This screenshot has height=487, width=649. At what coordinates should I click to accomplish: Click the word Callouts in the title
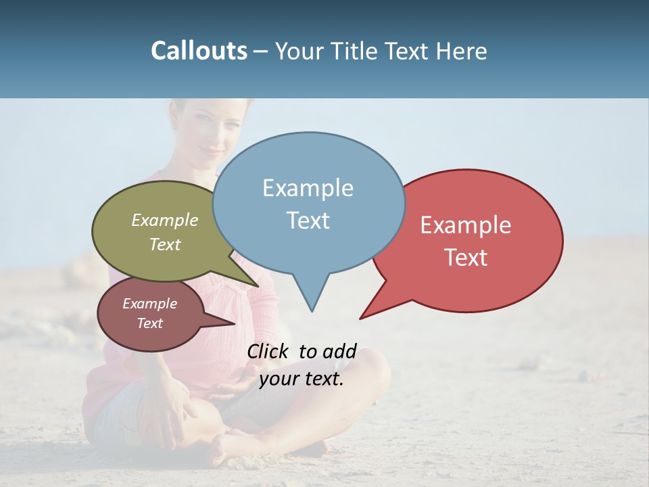[199, 51]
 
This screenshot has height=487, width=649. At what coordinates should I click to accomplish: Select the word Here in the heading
[462, 51]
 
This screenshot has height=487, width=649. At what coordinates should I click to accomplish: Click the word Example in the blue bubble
[308, 188]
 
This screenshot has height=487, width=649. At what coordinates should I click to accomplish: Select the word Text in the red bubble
[466, 258]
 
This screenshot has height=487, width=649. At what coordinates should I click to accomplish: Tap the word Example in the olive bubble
[165, 220]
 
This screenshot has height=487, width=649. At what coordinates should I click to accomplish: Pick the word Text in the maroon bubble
[150, 323]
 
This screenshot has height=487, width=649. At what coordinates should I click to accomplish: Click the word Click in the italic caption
[268, 351]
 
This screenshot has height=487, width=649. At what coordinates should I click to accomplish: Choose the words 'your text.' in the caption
[302, 379]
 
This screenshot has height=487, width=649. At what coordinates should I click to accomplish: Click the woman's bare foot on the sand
[230, 446]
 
